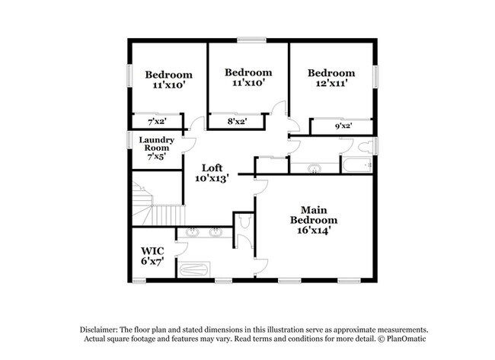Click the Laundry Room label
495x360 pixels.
pos(157,148)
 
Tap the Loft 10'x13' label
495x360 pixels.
pos(212,174)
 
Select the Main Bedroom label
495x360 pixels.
pos(314,220)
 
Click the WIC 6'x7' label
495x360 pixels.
pos(152,256)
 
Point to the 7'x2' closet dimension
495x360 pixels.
pos(157,121)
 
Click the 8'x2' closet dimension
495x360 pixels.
pos(237,121)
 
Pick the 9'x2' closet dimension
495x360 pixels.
pos(343,126)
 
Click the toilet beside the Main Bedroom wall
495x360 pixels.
pos(244,221)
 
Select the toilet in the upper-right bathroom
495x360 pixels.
pos(366,147)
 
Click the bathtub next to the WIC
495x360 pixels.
pos(194,270)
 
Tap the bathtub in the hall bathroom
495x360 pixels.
pos(357,165)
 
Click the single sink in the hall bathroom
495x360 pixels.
pos(315,168)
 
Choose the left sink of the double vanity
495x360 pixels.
pos(192,233)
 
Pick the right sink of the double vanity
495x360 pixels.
pos(216,233)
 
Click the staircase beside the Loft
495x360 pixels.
pos(158,204)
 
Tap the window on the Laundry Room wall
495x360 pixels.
pos(129,140)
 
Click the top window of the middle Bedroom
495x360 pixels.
pos(251,40)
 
